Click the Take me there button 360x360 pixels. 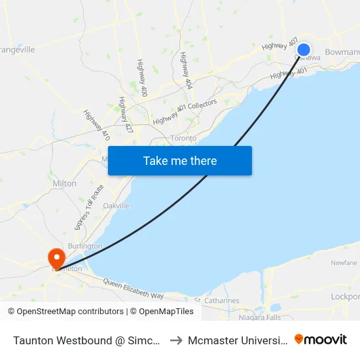(180, 160)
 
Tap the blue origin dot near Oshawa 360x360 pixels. (304, 49)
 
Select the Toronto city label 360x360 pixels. (183, 138)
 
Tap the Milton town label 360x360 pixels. (64, 184)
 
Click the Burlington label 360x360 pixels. (85, 246)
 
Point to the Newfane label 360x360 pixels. (344, 262)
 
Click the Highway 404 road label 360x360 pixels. (186, 71)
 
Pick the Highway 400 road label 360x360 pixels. (141, 75)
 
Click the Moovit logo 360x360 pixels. (321, 339)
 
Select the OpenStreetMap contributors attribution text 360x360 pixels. (65, 312)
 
